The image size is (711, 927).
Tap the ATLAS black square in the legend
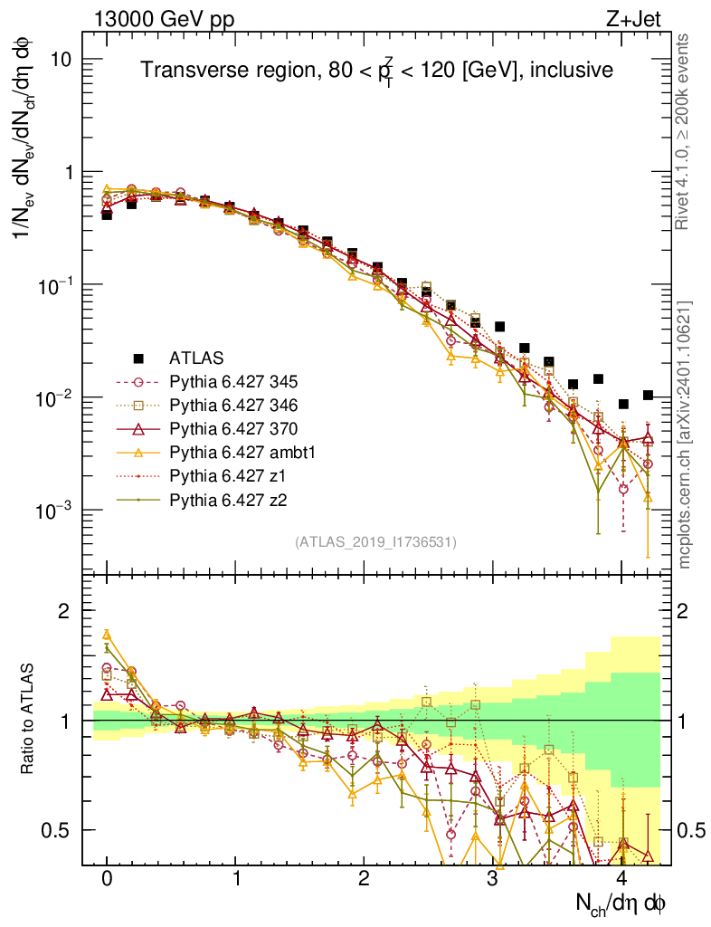pos(139,358)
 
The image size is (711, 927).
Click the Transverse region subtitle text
pos(377,71)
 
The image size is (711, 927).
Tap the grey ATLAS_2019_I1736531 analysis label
pos(375,542)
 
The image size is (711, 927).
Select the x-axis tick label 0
pos(107,879)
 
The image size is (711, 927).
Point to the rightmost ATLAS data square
pos(647,395)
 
